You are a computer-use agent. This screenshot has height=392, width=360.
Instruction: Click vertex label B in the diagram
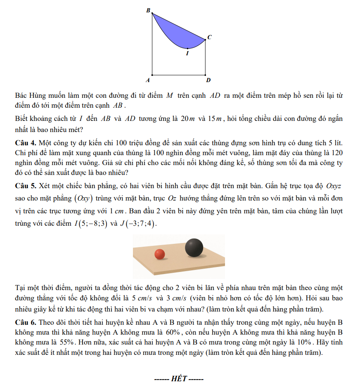(149, 10)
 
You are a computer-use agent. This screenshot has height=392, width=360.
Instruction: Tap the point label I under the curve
(187, 53)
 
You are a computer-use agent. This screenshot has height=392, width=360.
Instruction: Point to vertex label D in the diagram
(208, 80)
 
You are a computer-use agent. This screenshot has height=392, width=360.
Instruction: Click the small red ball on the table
(159, 254)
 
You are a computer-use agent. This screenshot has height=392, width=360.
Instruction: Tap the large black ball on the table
(194, 248)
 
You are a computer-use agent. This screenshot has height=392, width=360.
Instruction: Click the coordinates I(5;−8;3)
(91, 224)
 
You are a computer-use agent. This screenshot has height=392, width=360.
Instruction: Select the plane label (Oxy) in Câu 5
(83, 198)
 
